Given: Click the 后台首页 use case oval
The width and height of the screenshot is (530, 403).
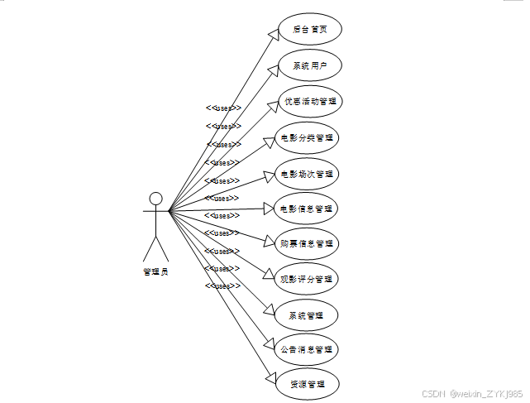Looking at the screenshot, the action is (308, 30).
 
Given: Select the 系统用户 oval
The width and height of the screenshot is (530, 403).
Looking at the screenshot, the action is (308, 65).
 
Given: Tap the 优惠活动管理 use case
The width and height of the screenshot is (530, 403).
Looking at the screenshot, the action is (308, 101).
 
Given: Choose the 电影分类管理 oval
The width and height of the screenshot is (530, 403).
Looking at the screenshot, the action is (307, 137).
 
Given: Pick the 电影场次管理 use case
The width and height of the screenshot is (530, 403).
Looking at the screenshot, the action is (307, 175).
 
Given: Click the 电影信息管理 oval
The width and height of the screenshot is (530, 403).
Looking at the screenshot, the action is (307, 209).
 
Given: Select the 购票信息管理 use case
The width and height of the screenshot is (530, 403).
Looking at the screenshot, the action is (307, 243).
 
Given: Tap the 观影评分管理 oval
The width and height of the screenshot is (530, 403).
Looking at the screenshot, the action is (307, 279).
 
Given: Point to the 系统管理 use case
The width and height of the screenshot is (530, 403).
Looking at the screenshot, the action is (307, 315).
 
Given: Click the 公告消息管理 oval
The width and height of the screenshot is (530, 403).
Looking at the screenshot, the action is (307, 349).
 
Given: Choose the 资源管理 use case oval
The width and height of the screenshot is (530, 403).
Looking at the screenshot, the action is (307, 385).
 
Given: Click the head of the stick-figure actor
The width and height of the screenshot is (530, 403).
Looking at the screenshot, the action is (155, 198).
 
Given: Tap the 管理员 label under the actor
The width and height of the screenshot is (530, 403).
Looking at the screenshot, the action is (155, 272).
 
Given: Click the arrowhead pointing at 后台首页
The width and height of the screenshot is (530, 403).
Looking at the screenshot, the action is (272, 34).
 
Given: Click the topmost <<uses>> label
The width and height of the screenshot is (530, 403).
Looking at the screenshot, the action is (223, 108).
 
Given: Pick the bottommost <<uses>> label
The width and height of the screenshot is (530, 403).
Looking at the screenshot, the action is (223, 285).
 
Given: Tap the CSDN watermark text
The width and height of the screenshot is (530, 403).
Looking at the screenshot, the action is (471, 394).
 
